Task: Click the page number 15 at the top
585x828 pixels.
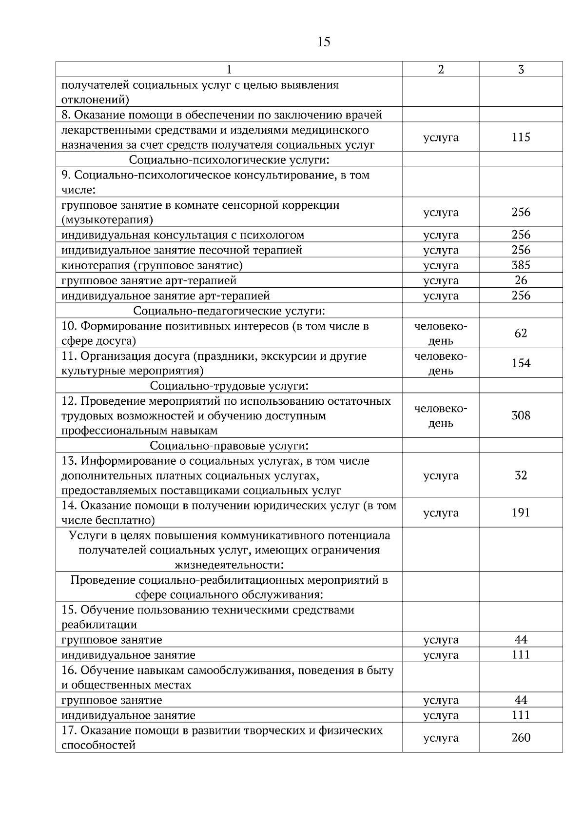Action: coord(324,42)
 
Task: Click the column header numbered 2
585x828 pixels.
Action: coord(441,70)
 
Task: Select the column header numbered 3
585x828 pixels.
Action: coord(521,70)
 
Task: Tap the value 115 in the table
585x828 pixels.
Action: coord(521,138)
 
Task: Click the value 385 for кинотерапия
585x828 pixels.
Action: coord(521,265)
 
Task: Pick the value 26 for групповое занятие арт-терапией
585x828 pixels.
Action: coord(521,280)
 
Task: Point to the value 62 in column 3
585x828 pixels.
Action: coord(521,334)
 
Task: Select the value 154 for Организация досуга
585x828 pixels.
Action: coord(521,363)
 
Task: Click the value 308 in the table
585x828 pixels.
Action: coord(521,416)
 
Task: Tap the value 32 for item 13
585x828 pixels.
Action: coord(521,475)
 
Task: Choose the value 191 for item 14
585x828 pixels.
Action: coord(521,513)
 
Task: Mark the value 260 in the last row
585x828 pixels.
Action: coord(521,738)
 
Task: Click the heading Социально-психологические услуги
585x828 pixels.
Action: coord(229,160)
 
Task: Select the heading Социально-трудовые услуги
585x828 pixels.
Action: coord(229,386)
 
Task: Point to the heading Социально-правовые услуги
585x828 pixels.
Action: coord(229,446)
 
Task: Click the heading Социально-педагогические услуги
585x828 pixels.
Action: coord(229,311)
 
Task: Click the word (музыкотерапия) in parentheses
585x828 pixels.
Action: coord(107,220)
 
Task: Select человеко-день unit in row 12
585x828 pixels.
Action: coord(441,416)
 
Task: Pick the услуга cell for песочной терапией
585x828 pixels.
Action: coord(441,251)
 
